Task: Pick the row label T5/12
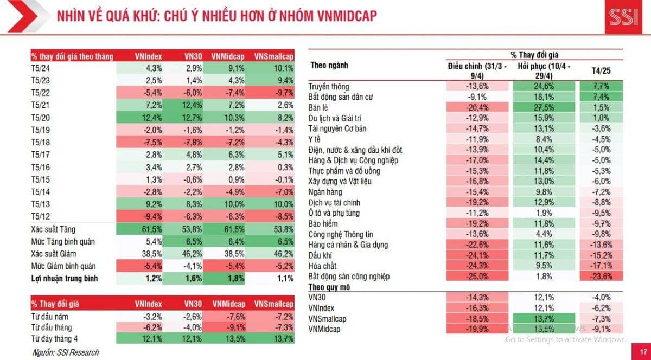pyautogui.click(x=41, y=216)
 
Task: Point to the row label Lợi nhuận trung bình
pyautogui.click(x=65, y=279)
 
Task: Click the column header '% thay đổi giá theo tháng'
pyautogui.click(x=72, y=56)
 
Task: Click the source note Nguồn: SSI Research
pyautogui.click(x=65, y=352)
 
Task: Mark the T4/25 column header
pyautogui.click(x=601, y=71)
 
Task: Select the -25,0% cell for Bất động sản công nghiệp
pyautogui.click(x=478, y=277)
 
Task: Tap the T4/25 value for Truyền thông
pyautogui.click(x=601, y=86)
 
